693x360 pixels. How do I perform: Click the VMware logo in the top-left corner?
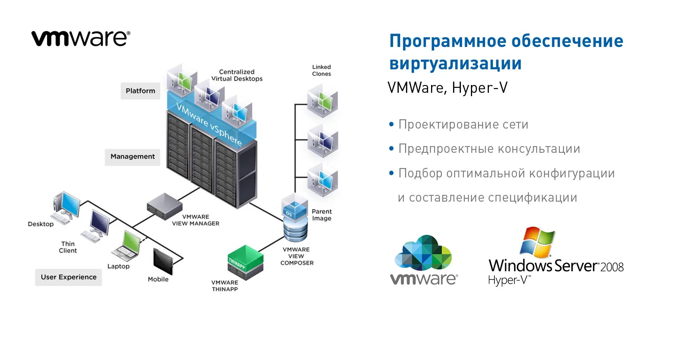pos(80,38)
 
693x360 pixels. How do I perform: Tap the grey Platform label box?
pos(140,91)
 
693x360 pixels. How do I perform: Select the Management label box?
pos(133,157)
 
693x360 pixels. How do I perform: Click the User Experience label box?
pos(69,277)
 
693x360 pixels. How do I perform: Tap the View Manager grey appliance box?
pos(164,205)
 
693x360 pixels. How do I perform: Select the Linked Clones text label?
pos(322,70)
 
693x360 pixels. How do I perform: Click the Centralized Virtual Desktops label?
pos(237,75)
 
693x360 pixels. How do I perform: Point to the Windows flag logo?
pos(537,243)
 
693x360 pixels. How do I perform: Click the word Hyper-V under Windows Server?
pos(509,280)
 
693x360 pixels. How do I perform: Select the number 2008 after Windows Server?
pos(612,267)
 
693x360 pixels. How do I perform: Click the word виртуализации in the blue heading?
pos(455,63)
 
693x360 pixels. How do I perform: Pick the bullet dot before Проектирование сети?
pos(391,124)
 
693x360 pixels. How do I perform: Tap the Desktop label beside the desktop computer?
pos(41,224)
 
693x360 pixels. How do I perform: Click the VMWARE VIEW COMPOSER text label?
pos(297,256)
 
